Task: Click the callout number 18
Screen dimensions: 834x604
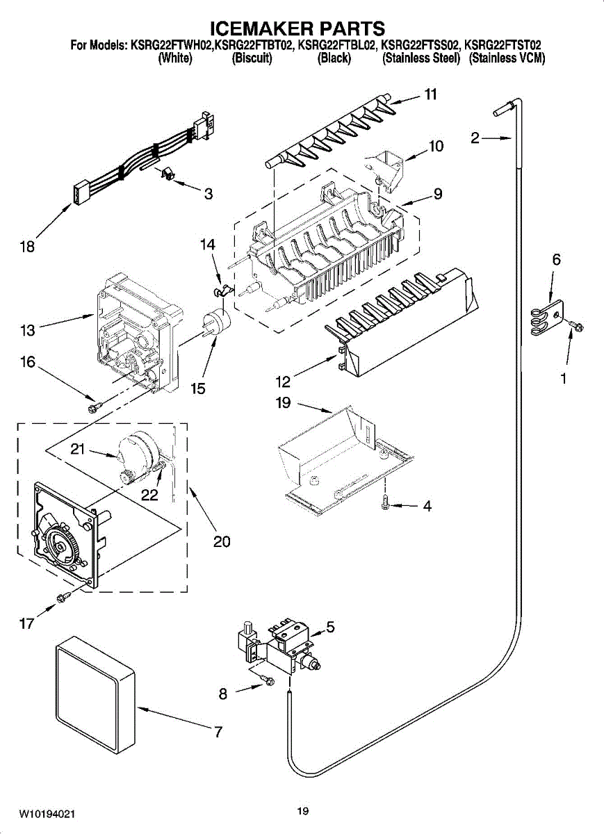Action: coord(28,245)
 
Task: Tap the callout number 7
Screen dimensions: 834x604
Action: coord(218,731)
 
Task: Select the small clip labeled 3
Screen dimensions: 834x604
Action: coord(167,174)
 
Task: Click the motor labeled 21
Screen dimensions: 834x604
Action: coord(135,456)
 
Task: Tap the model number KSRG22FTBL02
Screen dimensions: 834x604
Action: coord(336,46)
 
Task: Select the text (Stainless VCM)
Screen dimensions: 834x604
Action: coord(507,59)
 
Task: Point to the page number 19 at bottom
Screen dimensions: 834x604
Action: coord(302,810)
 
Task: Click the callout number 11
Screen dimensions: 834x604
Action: coord(431,95)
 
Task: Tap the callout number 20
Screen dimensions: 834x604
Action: coord(222,541)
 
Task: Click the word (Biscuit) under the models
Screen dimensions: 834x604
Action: coord(251,59)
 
